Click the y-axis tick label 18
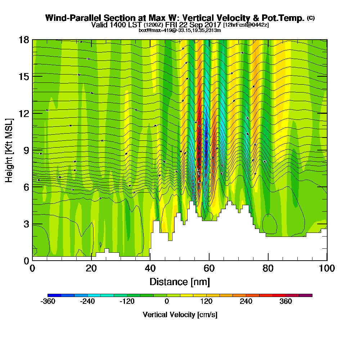coord(24,40)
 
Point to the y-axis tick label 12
coord(24,113)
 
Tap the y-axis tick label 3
coord(26,224)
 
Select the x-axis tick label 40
coord(150,269)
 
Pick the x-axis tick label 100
coord(327,269)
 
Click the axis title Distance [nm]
coord(180,282)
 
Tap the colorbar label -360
coord(48,302)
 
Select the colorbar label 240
coord(246,302)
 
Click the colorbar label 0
coord(167,302)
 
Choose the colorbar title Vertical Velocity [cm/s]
coord(180,315)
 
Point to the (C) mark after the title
coord(311,18)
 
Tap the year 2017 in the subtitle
coord(210,25)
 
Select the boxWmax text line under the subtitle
coord(180,30)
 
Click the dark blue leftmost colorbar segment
coord(54,295)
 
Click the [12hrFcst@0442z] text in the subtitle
coord(246,25)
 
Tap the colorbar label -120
coord(127,302)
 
